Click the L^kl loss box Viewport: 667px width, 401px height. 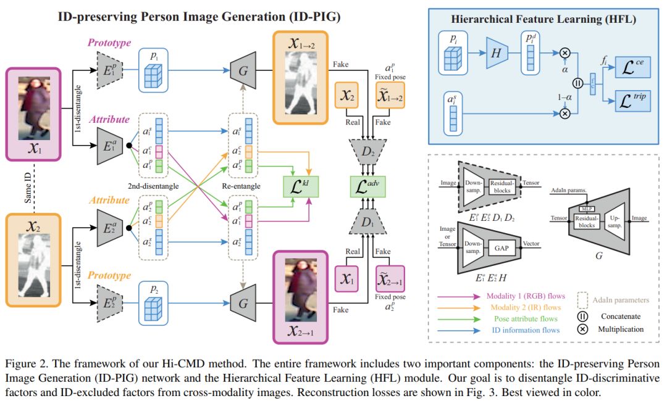click(300, 184)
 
